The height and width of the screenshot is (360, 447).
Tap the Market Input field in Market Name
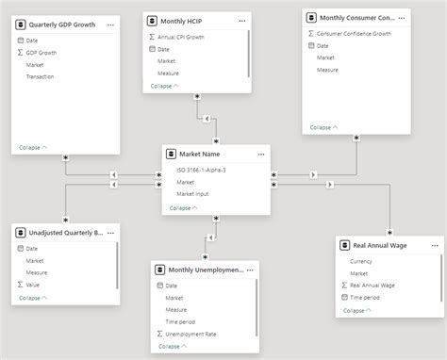193,194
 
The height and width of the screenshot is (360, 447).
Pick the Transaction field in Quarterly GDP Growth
41,77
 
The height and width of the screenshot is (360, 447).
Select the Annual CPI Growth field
183,36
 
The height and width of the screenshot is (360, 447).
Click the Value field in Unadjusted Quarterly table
34,284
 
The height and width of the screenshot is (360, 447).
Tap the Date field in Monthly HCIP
164,48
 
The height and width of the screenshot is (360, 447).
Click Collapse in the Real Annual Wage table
356,310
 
